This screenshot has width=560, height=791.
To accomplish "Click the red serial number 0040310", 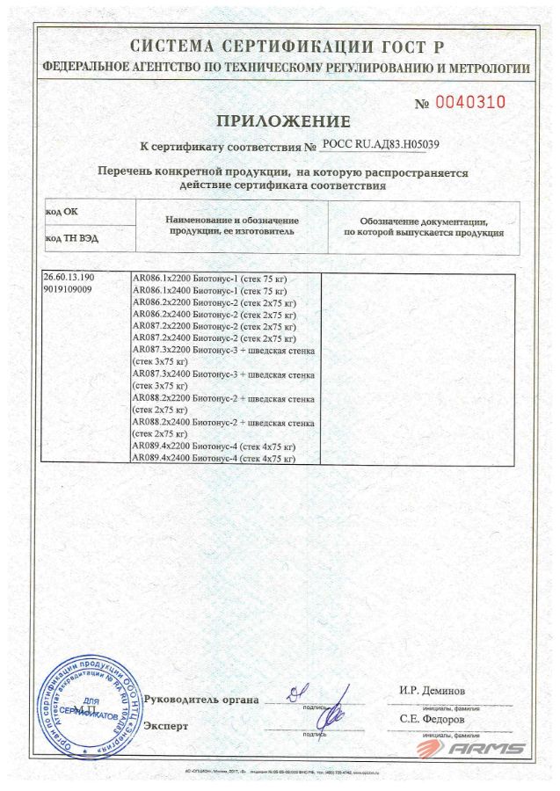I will click(x=472, y=102).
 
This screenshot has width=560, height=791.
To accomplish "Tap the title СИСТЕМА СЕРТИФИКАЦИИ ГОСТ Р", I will click(x=287, y=47).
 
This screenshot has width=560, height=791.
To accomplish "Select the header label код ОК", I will click(x=61, y=212).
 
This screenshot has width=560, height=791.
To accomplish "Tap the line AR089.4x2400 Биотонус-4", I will click(x=212, y=459).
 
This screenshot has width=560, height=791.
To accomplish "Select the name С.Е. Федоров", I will click(x=431, y=719).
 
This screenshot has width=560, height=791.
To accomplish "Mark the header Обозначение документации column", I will click(x=423, y=227).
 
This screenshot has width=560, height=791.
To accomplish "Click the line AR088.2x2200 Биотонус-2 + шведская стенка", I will click(x=224, y=403).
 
